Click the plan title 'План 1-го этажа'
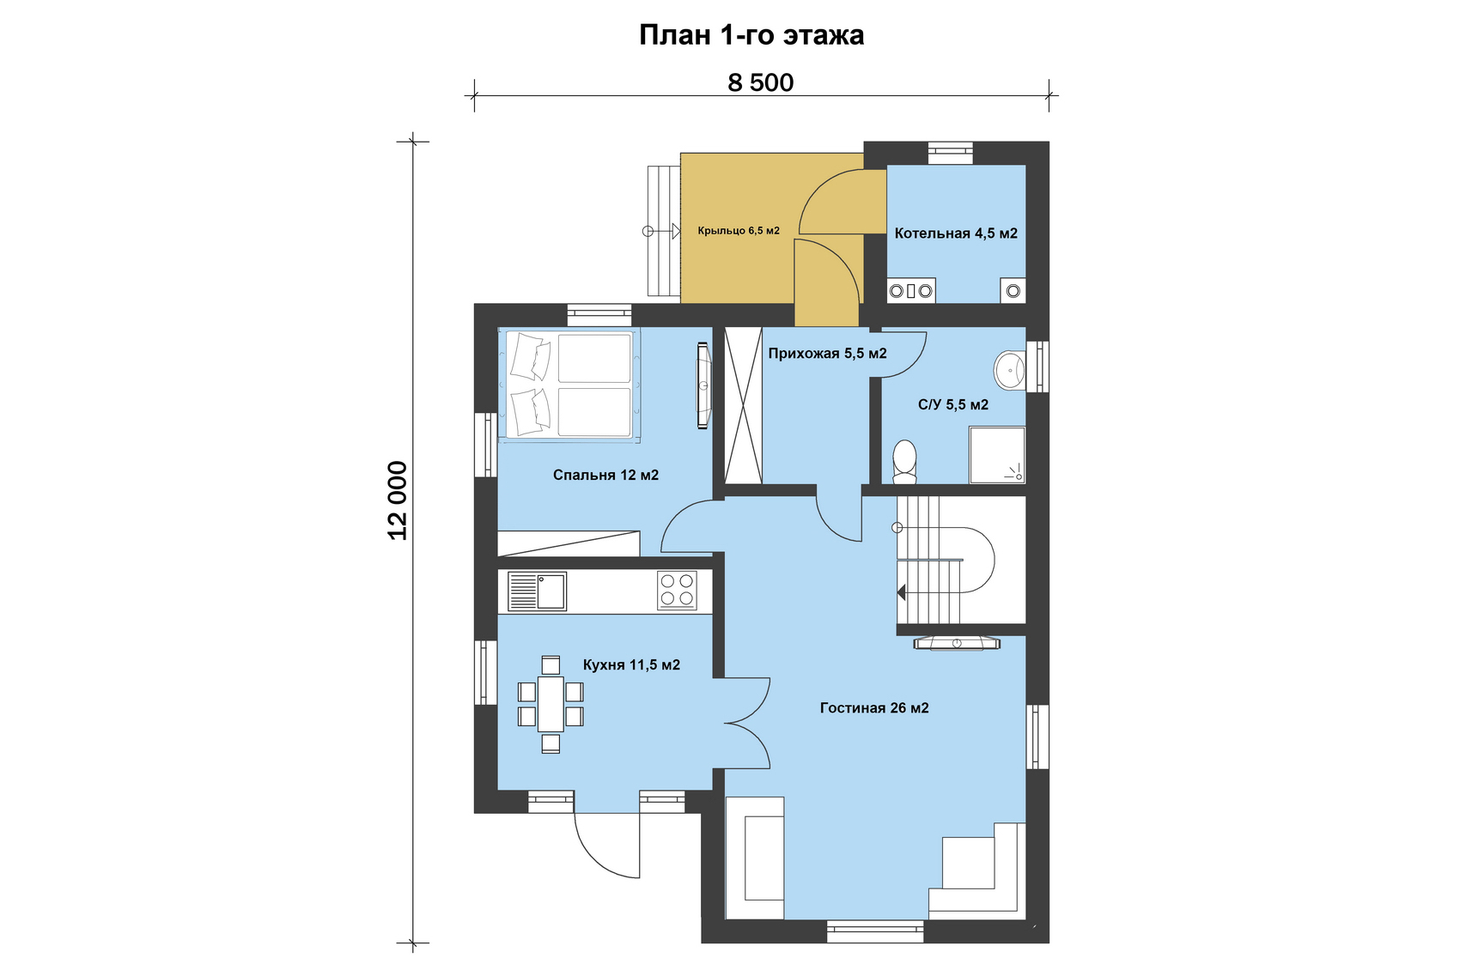[751, 35]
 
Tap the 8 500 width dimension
[761, 82]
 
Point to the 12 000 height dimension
[398, 501]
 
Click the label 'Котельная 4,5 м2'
[956, 233]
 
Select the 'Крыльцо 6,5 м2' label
[739, 231]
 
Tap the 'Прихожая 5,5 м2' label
[827, 354]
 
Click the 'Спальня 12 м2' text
[605, 476]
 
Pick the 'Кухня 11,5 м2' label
[631, 665]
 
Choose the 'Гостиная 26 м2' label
[874, 708]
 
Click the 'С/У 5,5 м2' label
[953, 405]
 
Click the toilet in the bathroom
[904, 462]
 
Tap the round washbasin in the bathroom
[1010, 371]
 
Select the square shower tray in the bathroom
[997, 455]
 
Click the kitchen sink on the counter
[537, 591]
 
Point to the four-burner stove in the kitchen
[677, 590]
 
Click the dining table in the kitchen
[551, 704]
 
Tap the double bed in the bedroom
[569, 385]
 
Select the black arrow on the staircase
[902, 592]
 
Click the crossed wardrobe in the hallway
[743, 406]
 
